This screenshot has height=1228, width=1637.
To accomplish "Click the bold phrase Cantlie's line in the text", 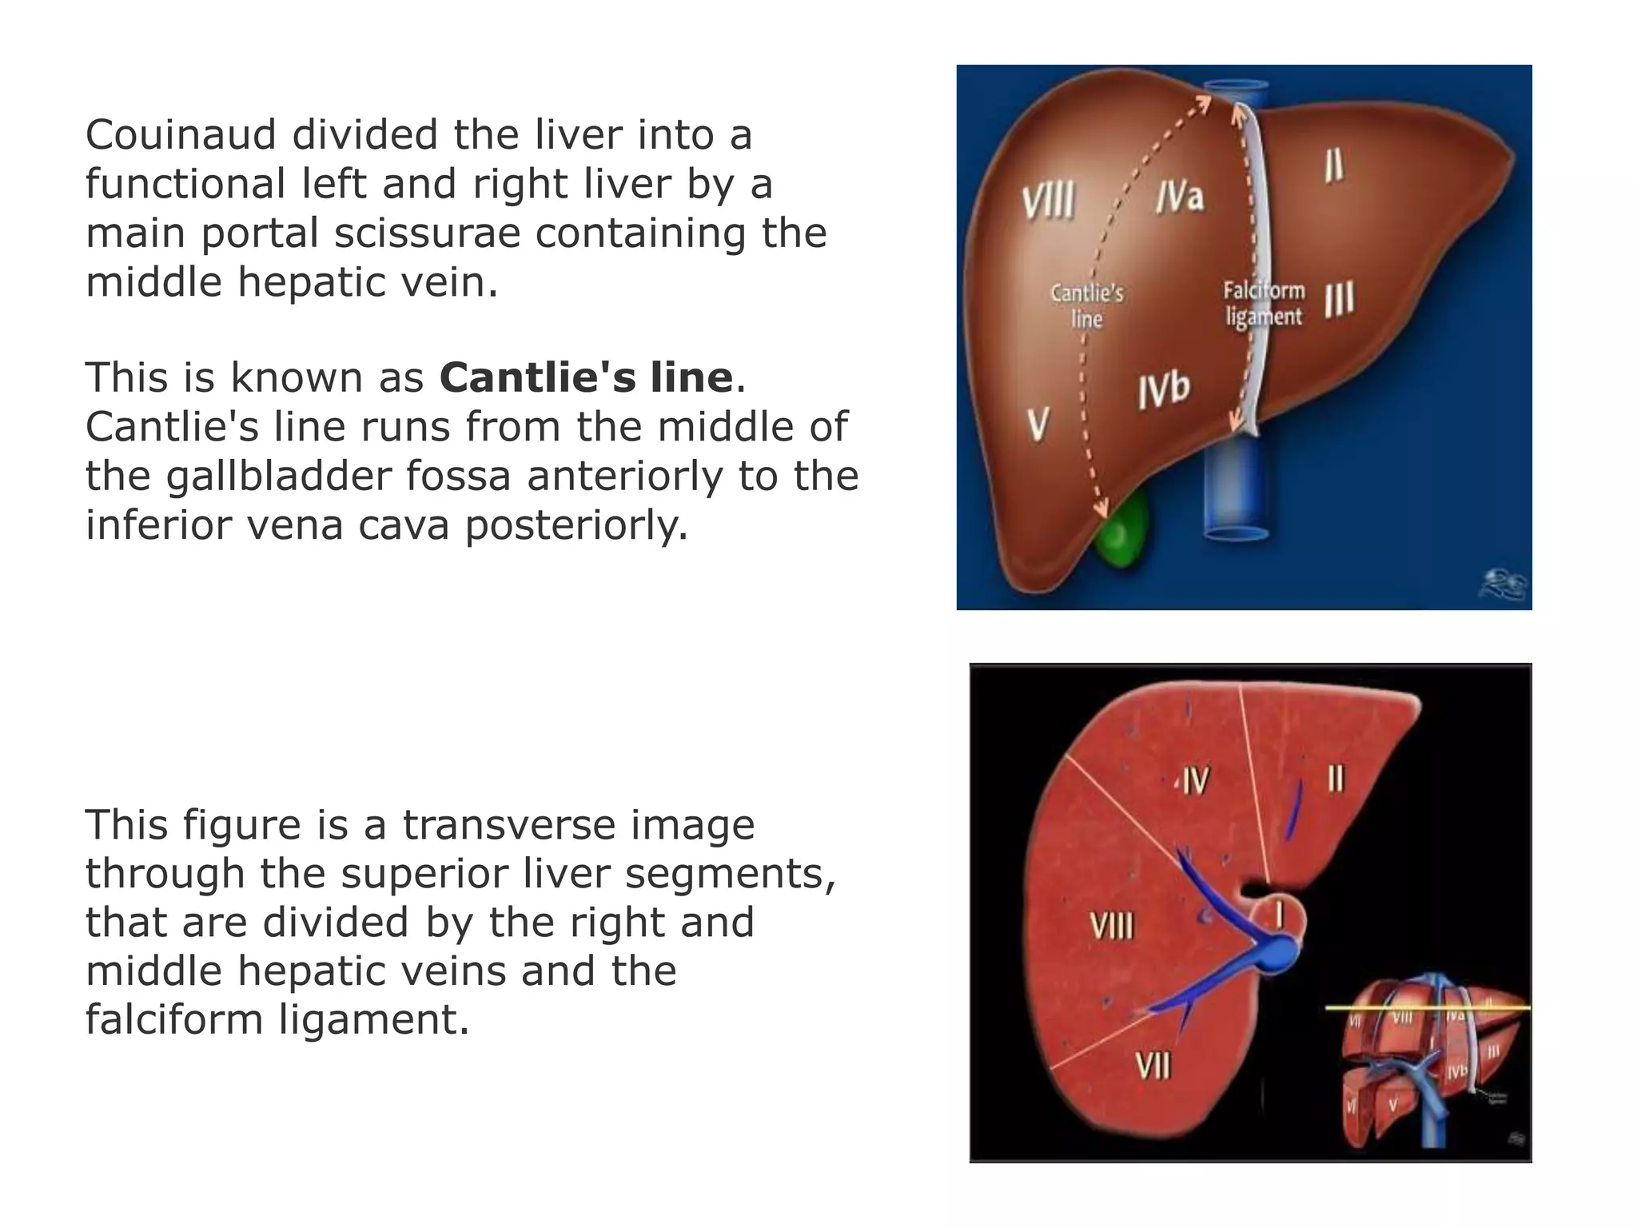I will [586, 377].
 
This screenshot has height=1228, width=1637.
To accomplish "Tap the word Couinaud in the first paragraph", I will [181, 134].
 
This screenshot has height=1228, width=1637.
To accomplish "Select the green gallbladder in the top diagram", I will [1123, 530].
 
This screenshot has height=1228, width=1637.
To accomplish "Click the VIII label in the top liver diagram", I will [1049, 200].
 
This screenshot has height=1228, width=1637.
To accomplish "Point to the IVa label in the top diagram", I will [1180, 196].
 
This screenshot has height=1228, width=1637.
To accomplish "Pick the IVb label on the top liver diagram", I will [1164, 390].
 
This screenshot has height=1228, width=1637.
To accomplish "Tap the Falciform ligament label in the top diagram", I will [1264, 304].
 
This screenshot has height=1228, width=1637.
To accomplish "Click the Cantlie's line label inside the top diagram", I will [1087, 305].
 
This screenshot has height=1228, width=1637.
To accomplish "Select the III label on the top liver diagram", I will [1340, 300].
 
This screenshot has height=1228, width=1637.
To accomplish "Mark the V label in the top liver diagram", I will [1038, 423].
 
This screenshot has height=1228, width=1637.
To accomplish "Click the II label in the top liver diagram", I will [1333, 166].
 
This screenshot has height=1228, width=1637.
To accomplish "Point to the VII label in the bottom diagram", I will [1153, 1065].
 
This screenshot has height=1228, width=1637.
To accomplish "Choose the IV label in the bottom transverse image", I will [1195, 780].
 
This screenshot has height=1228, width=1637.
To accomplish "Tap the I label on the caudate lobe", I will [1280, 915].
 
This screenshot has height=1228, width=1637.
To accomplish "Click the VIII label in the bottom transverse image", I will [1112, 927].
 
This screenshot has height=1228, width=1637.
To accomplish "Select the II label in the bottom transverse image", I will [1336, 778].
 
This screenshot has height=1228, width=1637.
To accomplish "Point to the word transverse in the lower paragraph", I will [578, 825].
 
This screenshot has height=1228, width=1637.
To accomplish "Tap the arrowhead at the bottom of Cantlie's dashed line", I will [1101, 509].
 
